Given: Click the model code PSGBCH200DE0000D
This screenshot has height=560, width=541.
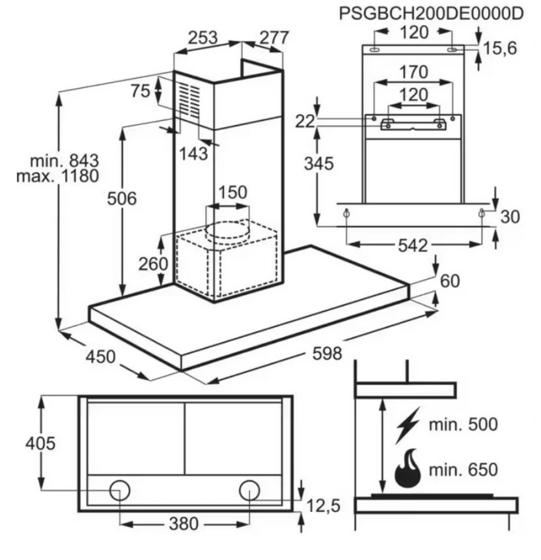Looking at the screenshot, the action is coord(431,13).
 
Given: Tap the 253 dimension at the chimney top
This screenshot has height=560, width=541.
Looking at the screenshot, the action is coord(203,38).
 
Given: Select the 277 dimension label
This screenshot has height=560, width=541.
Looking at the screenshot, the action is coord(274,38).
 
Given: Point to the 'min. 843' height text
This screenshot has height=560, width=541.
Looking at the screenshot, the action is coord(64,161).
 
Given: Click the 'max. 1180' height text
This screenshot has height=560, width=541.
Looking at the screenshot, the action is coord(58,176).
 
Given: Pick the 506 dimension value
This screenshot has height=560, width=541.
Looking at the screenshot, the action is coord(122,199).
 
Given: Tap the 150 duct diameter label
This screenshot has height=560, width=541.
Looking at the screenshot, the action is coord(233,192).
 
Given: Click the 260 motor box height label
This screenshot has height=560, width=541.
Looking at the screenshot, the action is coord(153,264).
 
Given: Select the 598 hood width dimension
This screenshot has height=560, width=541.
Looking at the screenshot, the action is coord(327,353).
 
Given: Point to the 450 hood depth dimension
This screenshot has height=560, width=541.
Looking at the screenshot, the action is coord(100,357).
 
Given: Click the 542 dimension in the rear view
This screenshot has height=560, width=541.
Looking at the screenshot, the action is coord(413,246).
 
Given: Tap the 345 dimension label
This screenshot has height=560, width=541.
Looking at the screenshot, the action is coord(319,164).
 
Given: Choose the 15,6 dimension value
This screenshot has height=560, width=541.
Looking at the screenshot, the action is coord(500,48).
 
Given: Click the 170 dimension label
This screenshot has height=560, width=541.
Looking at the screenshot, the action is coord(414,72).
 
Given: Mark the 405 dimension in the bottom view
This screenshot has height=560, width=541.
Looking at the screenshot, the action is coord(40,444).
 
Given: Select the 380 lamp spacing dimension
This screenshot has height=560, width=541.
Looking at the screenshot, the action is coord(184,524).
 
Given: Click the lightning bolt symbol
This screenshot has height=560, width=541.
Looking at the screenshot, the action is coord(408,425).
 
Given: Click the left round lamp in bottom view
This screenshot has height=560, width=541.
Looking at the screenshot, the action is coord(120,490).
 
